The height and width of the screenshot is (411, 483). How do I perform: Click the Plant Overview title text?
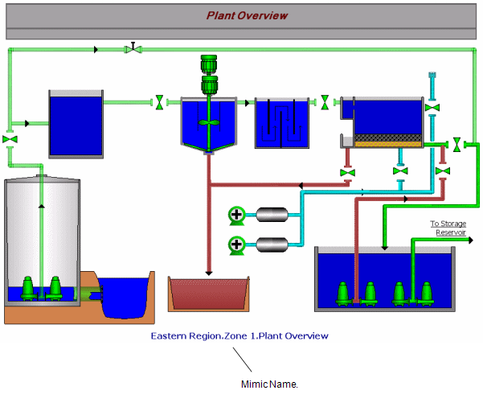point(247,15)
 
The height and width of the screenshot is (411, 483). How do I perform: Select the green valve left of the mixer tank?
point(160,102)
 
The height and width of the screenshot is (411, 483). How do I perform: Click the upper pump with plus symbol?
point(236,214)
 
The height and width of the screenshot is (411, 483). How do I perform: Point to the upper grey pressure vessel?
point(272,214)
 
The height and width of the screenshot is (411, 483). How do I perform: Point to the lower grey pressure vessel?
point(272,243)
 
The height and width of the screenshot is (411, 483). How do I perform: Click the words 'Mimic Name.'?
point(269,384)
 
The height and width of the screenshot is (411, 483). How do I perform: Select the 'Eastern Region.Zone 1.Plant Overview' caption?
point(239,335)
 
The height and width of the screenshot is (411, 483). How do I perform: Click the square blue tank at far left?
point(76,125)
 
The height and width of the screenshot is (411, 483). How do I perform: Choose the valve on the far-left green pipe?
point(10,139)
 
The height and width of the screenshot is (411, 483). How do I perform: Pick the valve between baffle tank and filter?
point(325,102)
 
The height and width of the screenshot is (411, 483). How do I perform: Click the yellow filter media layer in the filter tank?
point(389,139)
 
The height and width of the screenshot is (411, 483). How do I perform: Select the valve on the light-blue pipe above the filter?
point(432,107)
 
